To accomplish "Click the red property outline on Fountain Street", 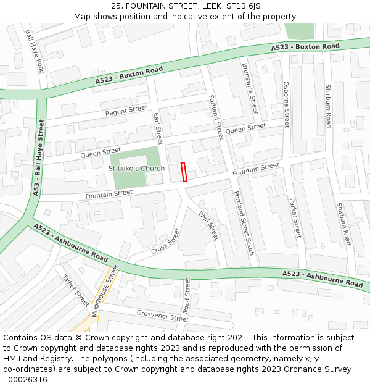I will click(x=184, y=172).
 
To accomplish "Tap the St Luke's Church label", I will click(x=136, y=169).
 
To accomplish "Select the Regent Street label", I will click(x=126, y=111).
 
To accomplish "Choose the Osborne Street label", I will click(x=286, y=104).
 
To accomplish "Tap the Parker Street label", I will click(x=295, y=217).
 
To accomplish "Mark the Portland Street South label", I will click(x=244, y=222).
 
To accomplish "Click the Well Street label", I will click(x=208, y=225).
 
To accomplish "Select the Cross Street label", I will click(x=166, y=241).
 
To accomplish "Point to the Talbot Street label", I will click(x=76, y=290).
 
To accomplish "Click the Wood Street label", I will click(x=187, y=296).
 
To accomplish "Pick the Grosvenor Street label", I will click(x=162, y=316).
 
